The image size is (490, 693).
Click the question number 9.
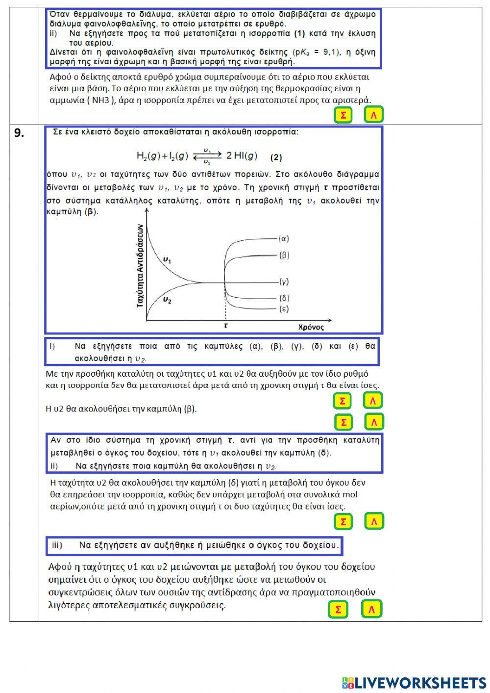pos(19,133)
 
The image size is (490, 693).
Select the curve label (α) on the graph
pos(284,239)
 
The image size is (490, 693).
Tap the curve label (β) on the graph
pos(284,255)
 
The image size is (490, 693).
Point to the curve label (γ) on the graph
pos(284,282)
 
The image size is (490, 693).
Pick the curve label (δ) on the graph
pos(284,298)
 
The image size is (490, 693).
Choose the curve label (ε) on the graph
pos(284,309)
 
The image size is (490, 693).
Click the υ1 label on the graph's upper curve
pos(167,260)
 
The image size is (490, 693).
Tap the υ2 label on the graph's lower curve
pos(167,300)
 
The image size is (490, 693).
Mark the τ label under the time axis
pos(225,325)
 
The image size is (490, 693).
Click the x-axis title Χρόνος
pos(311,327)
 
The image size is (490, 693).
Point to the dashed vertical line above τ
pos(225,307)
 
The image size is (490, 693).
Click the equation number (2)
pos(276,157)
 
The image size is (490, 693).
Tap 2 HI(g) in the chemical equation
pos(242,156)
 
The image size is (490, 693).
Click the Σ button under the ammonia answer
pos(343,115)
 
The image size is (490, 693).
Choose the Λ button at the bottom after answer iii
pos(371,610)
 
